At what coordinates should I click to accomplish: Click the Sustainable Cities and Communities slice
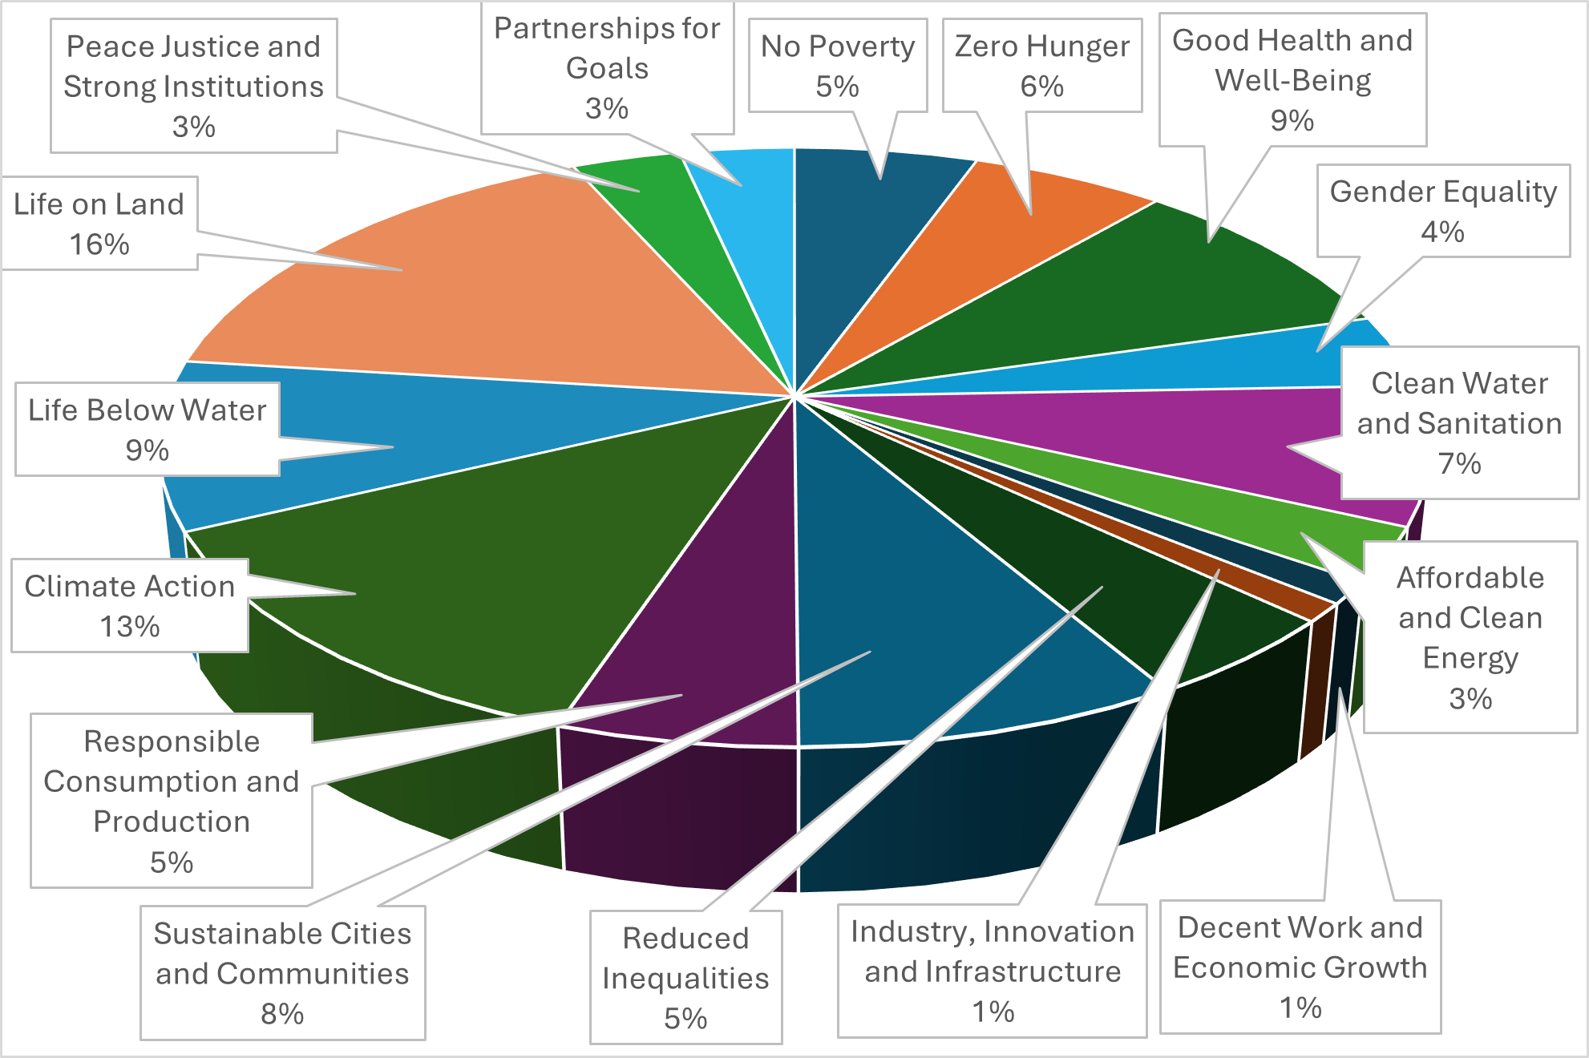[922, 625]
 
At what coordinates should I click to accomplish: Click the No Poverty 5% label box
[837, 66]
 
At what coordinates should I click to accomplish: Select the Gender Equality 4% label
[1442, 211]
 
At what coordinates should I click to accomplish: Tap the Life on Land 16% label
[99, 224]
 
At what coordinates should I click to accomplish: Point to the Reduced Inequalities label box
[685, 977]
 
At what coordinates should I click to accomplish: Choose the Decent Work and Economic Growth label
[1300, 967]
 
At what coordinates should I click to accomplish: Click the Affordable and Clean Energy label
[1470, 637]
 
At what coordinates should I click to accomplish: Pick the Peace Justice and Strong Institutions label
[193, 86]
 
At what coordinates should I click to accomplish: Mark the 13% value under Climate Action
[130, 626]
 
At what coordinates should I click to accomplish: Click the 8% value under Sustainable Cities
[282, 1014]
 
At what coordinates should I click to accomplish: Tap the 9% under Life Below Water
[147, 450]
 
